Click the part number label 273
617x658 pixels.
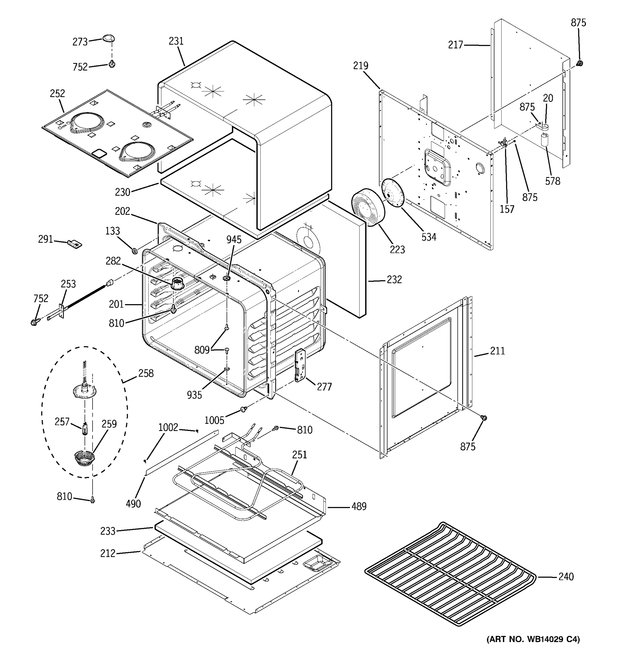(x=80, y=42)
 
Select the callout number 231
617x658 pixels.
(x=176, y=41)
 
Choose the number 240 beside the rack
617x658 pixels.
(x=566, y=577)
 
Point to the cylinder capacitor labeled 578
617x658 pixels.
(x=545, y=140)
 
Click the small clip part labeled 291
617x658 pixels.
(x=75, y=244)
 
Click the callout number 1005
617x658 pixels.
(x=214, y=420)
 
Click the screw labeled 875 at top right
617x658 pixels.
(x=579, y=63)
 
